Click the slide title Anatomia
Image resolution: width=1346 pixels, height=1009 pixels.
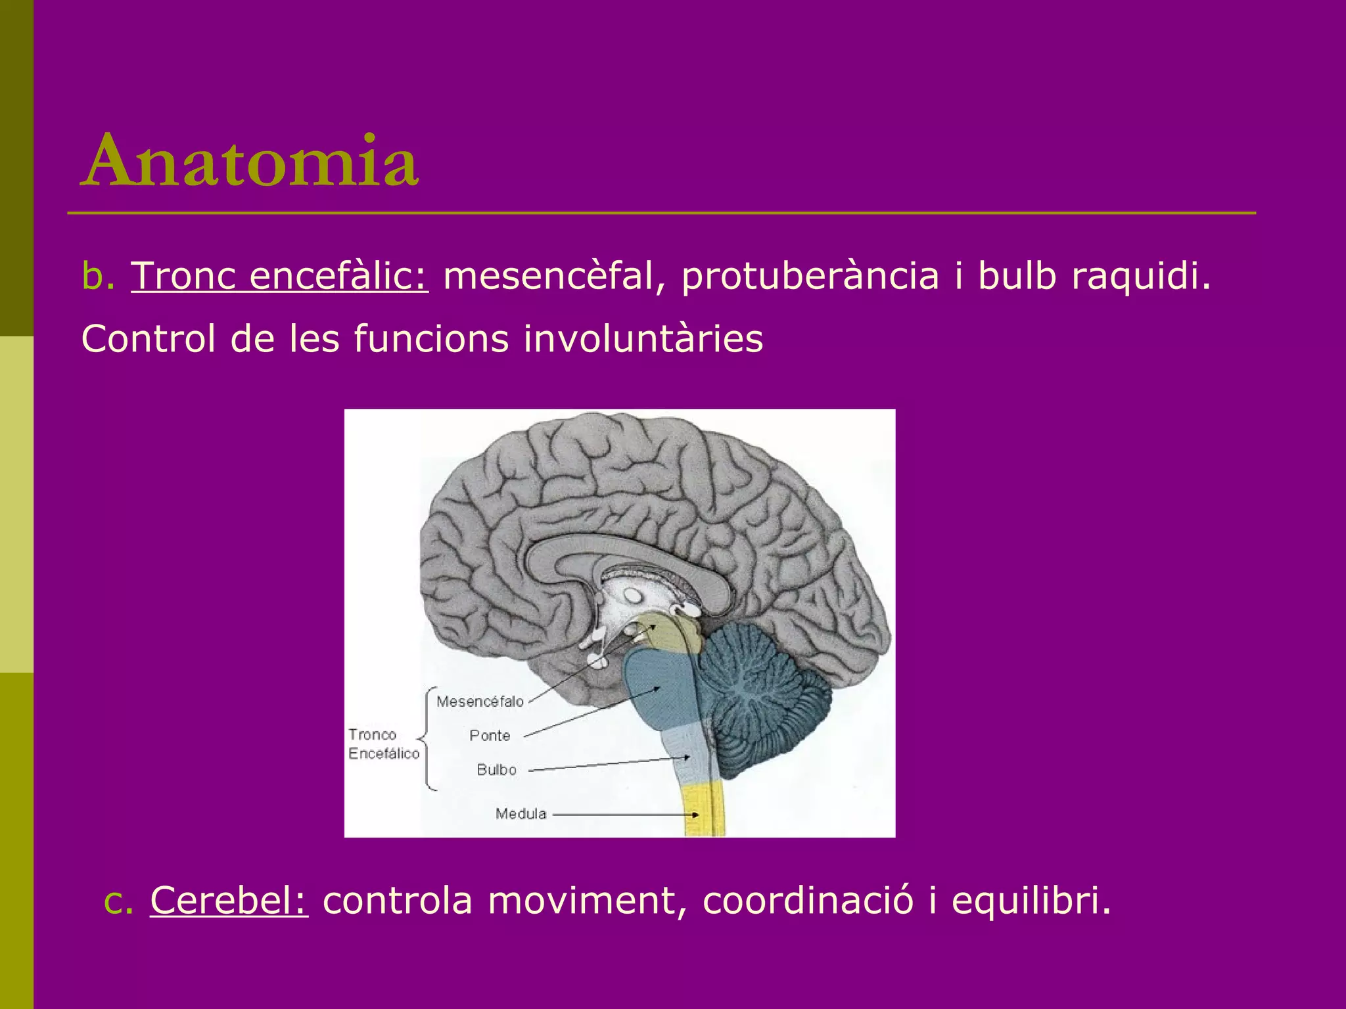tap(250, 161)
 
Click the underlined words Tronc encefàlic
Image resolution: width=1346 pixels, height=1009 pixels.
tap(280, 276)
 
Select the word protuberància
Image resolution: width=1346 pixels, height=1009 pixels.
tap(810, 276)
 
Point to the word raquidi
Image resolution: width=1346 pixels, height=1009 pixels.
tap(1140, 276)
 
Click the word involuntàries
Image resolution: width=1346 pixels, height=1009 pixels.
tap(643, 339)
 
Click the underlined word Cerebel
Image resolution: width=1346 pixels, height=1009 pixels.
tap(229, 900)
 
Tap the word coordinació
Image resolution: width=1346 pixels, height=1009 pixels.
tap(808, 900)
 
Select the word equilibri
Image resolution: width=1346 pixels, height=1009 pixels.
tap(1031, 900)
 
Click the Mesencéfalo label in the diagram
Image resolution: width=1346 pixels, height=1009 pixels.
tap(480, 702)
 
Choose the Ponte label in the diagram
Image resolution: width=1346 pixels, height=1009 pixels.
tap(490, 736)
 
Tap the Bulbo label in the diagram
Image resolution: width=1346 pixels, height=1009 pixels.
tap(496, 770)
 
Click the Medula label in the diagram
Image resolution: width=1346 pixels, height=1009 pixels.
tap(521, 814)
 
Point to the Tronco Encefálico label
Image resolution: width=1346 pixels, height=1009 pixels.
tap(383, 744)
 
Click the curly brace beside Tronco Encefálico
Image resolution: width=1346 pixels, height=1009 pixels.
tap(427, 739)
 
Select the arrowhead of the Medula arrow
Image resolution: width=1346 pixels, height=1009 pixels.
tap(695, 815)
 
